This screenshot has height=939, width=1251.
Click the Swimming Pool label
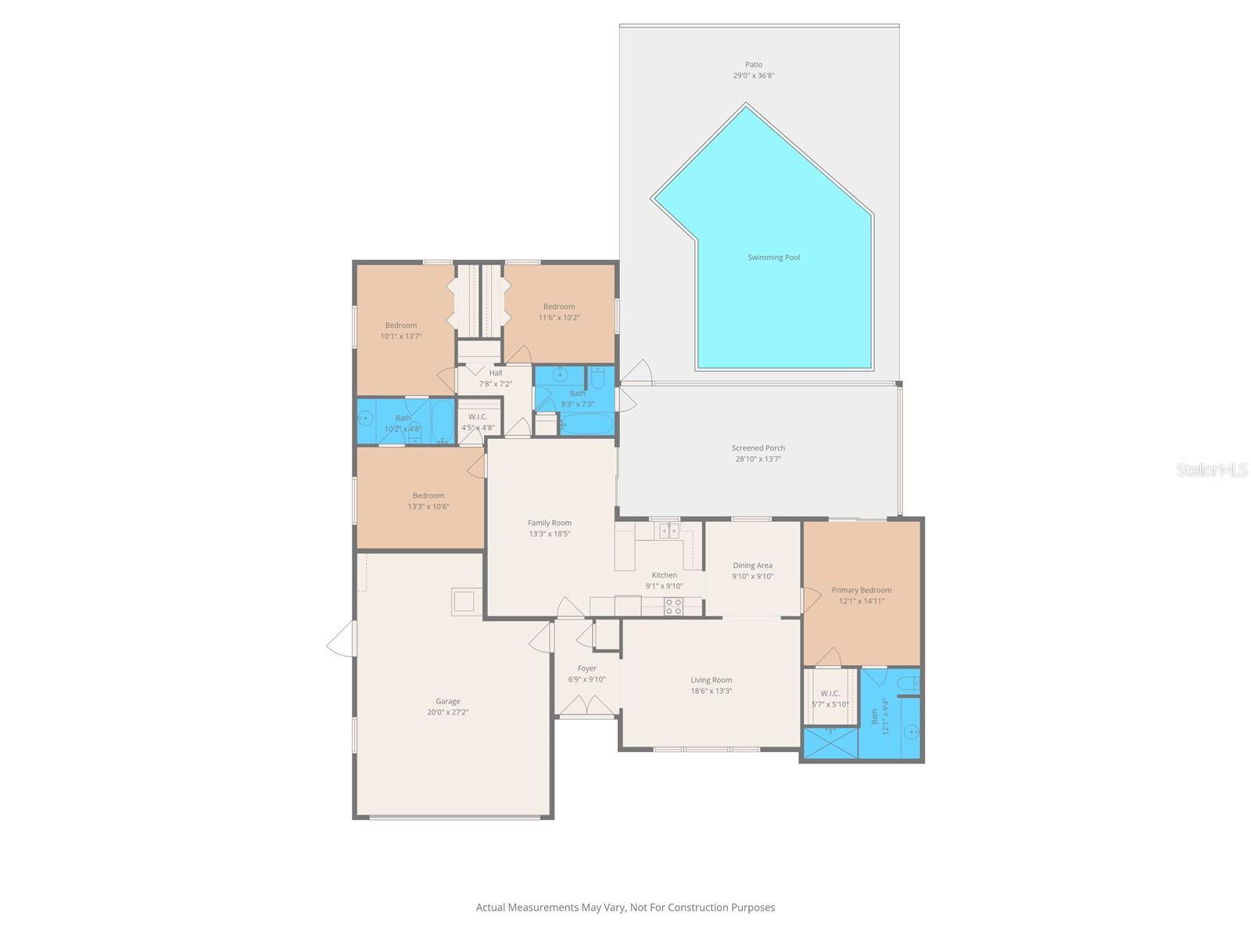tap(773, 257)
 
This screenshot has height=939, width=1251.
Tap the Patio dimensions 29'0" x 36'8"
tap(754, 76)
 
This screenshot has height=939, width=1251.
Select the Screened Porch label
tap(758, 448)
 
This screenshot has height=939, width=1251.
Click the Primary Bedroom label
tap(861, 591)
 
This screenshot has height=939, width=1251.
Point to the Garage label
tap(448, 702)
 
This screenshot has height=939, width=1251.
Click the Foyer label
tap(586, 669)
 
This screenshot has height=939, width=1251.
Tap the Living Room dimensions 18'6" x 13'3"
tap(711, 691)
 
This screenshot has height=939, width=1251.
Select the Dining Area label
tap(752, 566)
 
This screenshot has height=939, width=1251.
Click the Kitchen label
tap(664, 575)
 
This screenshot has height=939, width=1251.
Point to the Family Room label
tap(550, 523)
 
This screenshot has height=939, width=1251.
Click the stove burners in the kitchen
tap(673, 606)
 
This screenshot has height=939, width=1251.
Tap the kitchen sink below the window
tap(669, 531)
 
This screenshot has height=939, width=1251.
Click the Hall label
tap(496, 373)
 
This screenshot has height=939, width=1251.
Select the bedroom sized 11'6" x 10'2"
tap(559, 312)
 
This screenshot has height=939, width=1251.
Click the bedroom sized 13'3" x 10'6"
tap(428, 501)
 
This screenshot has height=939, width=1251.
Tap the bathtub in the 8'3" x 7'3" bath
tap(587, 425)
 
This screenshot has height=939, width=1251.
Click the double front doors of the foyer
tap(586, 707)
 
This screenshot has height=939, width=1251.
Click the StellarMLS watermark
tap(1213, 469)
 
